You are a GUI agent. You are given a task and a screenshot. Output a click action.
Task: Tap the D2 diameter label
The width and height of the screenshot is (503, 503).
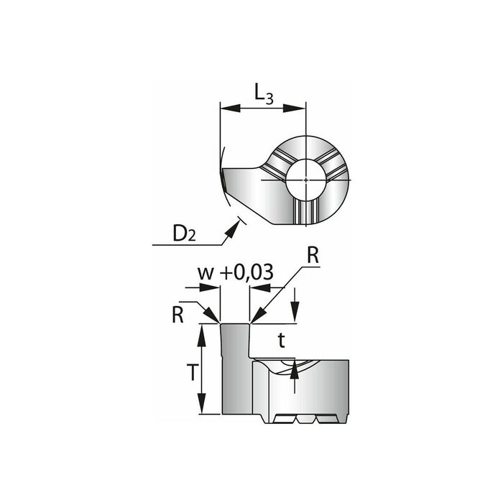click(184, 234)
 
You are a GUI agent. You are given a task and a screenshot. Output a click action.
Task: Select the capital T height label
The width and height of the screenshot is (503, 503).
click(192, 373)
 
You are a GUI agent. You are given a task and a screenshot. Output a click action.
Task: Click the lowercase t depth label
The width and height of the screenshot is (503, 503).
click(282, 341)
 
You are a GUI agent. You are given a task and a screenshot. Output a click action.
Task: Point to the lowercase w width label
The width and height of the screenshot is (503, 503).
click(206, 273)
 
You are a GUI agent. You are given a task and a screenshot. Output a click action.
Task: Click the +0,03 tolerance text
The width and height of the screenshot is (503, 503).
click(247, 273)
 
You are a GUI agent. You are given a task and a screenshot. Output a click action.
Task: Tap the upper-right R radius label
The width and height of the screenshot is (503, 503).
click(313, 256)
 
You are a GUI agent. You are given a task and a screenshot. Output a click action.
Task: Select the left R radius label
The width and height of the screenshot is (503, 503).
click(177, 315)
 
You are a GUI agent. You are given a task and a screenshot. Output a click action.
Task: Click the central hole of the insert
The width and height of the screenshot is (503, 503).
click(306, 180)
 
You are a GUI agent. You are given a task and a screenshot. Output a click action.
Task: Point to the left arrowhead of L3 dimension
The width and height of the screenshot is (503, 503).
click(231, 108)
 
